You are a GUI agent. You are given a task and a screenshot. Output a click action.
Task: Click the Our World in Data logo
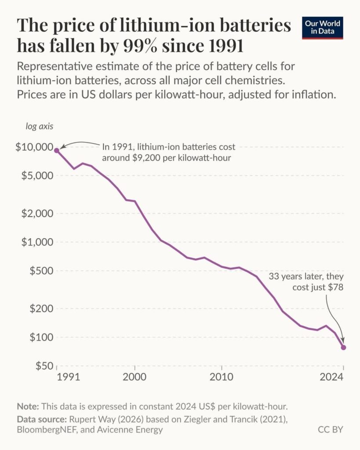[x=322, y=27]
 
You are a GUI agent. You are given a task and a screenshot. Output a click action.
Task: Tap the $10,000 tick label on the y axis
[x=34, y=147]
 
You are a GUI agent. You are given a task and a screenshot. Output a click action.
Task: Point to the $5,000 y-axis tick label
[x=36, y=175]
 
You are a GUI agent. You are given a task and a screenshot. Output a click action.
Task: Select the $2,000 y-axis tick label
[x=36, y=213]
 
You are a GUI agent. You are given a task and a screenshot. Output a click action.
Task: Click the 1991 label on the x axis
[x=69, y=377]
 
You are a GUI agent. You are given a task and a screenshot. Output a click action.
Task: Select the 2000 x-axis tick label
[x=135, y=377]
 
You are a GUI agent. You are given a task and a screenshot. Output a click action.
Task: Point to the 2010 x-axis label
[x=222, y=377]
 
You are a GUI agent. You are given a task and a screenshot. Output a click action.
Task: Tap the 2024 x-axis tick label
[x=331, y=377]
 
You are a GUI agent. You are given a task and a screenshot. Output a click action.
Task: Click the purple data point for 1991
[x=57, y=150]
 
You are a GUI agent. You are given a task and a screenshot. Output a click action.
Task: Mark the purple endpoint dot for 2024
[x=343, y=347]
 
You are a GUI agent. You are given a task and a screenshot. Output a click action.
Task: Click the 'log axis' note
[x=39, y=127]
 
